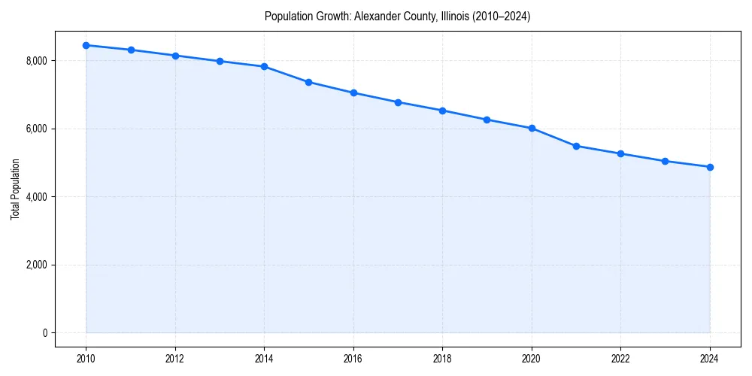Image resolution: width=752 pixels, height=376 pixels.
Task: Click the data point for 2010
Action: coord(86,45)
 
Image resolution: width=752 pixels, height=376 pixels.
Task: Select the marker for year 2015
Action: coord(309,82)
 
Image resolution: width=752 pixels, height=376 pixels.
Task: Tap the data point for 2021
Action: coord(576,146)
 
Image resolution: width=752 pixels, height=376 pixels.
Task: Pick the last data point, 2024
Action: coord(710,167)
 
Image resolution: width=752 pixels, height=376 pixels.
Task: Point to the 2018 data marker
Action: coord(442,111)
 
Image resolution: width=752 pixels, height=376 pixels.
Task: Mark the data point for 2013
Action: coord(220,61)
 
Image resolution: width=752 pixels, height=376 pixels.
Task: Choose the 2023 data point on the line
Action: coord(666,161)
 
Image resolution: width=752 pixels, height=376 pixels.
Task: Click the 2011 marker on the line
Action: coord(131,50)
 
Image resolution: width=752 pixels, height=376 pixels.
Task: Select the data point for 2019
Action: coord(487,120)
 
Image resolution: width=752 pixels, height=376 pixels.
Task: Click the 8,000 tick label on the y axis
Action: coord(35,61)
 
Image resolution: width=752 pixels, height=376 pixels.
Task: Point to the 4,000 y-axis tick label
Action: coord(35,197)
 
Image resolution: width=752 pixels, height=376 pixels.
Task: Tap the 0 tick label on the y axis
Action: coord(44,333)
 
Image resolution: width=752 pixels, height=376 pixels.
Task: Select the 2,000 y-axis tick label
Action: coord(35,265)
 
